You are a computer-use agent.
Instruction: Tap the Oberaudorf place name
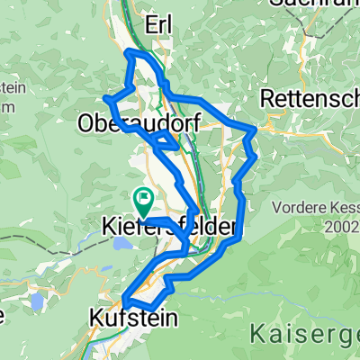(x=138, y=121)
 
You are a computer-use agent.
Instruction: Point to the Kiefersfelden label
(x=169, y=224)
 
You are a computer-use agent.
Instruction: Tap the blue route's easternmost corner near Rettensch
(x=256, y=131)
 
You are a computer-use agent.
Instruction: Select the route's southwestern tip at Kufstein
(x=122, y=300)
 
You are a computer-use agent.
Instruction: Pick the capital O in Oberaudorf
(x=86, y=121)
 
